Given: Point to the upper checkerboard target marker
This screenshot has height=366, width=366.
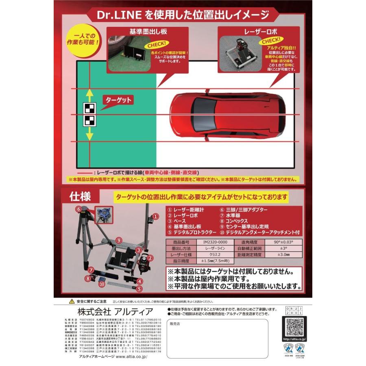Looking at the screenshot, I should [89, 108].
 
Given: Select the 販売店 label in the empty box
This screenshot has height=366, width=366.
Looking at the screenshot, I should [174, 324].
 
